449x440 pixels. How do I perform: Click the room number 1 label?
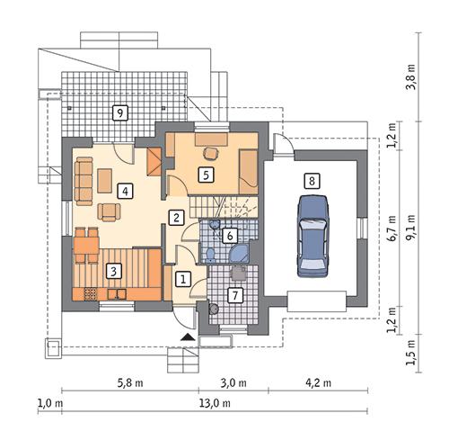pos(182,279)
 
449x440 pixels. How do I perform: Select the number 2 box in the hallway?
pos(178,217)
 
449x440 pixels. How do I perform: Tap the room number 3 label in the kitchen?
pos(113,269)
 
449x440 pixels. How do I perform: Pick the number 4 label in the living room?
pos(125,190)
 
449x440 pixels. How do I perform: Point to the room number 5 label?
pos(206,175)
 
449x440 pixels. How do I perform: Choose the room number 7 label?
pos(233,294)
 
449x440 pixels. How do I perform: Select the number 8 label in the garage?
pos(311,181)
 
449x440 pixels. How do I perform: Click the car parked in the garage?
pos(311,236)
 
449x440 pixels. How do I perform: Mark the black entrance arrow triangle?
pos(187,337)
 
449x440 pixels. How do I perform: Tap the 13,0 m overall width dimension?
pos(214,403)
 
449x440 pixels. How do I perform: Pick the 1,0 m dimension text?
pos(49,403)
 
